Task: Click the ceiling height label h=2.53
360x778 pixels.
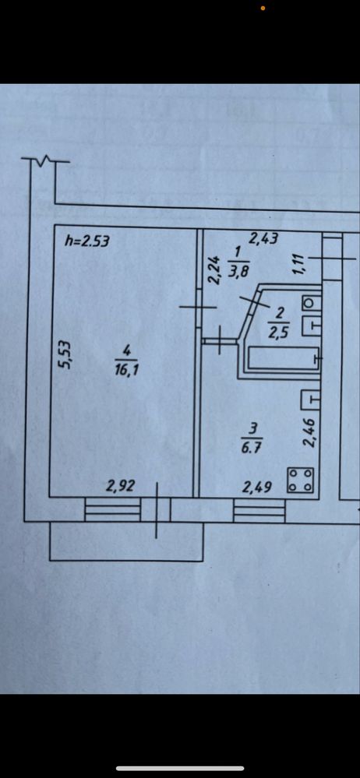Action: (87, 241)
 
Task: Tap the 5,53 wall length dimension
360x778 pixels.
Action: (63, 354)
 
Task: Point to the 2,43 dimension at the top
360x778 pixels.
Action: (263, 238)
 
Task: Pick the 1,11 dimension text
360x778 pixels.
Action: (298, 264)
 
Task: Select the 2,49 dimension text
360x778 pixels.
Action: (256, 488)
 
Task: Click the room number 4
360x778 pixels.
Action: (126, 350)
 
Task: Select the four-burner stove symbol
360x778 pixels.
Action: (301, 481)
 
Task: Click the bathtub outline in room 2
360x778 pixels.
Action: (282, 359)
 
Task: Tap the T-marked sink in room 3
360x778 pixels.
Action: (309, 399)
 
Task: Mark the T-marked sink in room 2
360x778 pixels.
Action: (309, 326)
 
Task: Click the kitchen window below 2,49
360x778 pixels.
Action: (259, 511)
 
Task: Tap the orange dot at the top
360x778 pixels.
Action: (263, 8)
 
